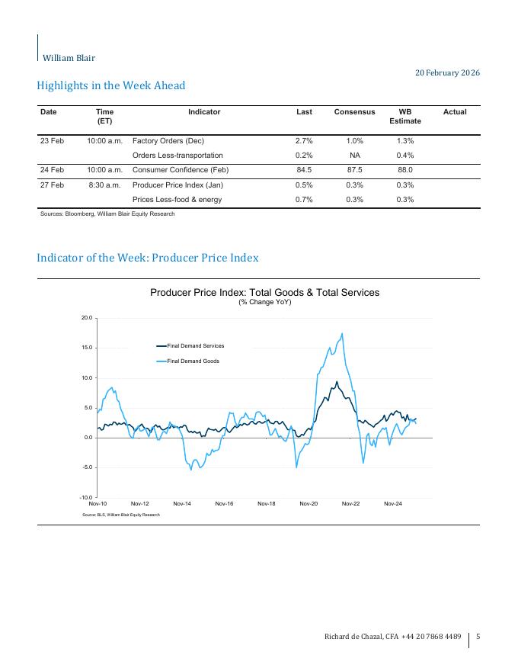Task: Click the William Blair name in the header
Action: [x=69, y=58]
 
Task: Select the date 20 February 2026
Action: [x=447, y=72]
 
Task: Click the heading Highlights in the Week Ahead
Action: [x=110, y=85]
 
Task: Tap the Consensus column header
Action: [x=354, y=112]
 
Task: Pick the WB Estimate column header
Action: [x=404, y=116]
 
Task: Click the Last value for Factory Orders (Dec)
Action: [x=304, y=141]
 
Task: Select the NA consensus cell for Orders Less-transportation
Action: [x=354, y=156]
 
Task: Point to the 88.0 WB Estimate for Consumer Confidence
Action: [x=404, y=170]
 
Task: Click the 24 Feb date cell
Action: [x=52, y=170]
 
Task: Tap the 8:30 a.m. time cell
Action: [x=104, y=185]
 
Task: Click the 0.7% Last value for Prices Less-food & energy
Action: [x=304, y=200]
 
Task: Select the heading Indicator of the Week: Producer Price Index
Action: [x=148, y=258]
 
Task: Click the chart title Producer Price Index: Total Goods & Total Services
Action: [x=264, y=292]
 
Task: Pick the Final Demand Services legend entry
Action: [x=195, y=346]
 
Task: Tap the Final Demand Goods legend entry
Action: [x=193, y=361]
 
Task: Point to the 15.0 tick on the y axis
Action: [x=86, y=348]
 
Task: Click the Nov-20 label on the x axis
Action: [x=308, y=504]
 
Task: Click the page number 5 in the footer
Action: [x=478, y=637]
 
